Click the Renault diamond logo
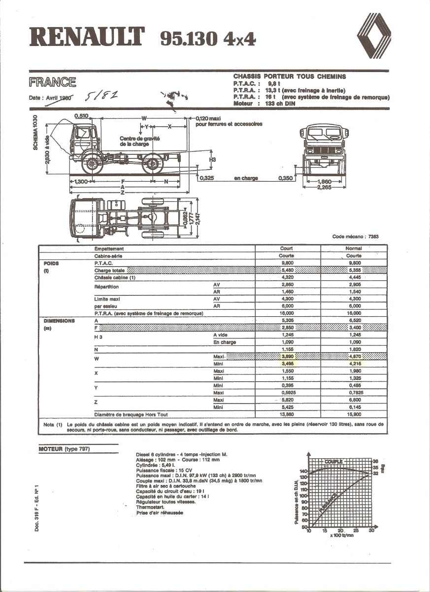pyautogui.click(x=373, y=35)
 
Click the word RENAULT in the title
pyautogui.click(x=88, y=37)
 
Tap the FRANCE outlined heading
pyautogui.click(x=52, y=82)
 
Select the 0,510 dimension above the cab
pyautogui.click(x=81, y=115)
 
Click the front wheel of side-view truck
pyautogui.click(x=92, y=163)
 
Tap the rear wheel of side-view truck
pyautogui.click(x=152, y=163)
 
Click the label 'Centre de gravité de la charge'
pyautogui.click(x=139, y=142)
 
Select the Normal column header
pyautogui.click(x=354, y=249)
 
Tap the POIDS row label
pyautogui.click(x=51, y=263)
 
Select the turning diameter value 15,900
pyautogui.click(x=354, y=414)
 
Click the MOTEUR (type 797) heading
pyautogui.click(x=64, y=449)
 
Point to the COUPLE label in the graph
pyautogui.click(x=333, y=462)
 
